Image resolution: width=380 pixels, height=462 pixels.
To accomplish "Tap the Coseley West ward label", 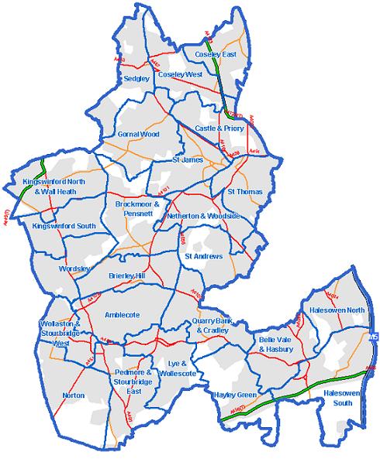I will [x=179, y=74].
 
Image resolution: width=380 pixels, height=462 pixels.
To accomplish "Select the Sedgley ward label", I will [x=136, y=78].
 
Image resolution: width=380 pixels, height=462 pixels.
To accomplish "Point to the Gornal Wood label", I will [x=138, y=134].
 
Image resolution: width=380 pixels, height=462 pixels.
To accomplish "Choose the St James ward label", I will [x=187, y=159].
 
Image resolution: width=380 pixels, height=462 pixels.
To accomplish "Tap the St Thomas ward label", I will [x=245, y=190].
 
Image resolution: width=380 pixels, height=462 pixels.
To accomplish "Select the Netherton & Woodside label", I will [x=203, y=216].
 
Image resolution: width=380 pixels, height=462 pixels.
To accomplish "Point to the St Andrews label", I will [x=204, y=256].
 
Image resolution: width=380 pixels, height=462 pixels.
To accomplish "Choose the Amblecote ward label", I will [x=121, y=315].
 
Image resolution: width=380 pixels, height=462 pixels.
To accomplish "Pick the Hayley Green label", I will [x=234, y=394].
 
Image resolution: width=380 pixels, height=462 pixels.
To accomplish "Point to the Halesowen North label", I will [x=337, y=310].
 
